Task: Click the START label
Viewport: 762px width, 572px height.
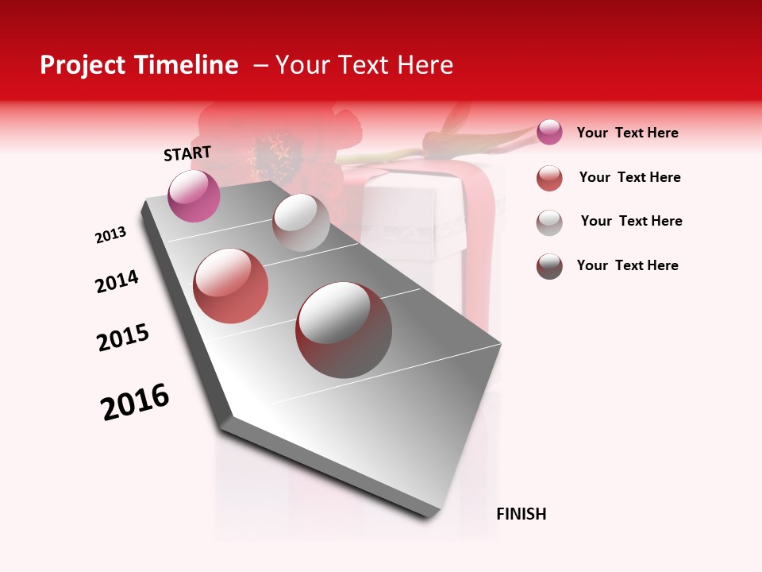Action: click(x=187, y=153)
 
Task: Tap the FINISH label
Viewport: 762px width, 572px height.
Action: click(x=521, y=514)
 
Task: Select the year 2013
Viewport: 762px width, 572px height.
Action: click(x=110, y=235)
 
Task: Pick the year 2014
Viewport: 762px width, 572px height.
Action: click(x=117, y=282)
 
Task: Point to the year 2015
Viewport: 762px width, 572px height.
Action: click(x=123, y=338)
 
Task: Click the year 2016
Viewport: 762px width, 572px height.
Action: click(x=135, y=402)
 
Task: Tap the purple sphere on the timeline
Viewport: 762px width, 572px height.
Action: click(x=194, y=195)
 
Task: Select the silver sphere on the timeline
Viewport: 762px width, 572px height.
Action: click(x=301, y=222)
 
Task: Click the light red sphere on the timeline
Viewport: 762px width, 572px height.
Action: click(x=231, y=286)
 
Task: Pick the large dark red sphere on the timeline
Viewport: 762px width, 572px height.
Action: click(x=344, y=330)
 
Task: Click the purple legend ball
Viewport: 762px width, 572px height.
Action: click(x=549, y=133)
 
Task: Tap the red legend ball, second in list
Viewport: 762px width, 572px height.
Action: click(x=549, y=178)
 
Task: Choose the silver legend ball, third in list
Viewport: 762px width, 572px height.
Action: click(x=549, y=222)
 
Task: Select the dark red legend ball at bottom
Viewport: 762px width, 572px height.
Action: click(x=549, y=266)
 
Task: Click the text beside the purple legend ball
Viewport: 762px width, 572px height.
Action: click(x=627, y=133)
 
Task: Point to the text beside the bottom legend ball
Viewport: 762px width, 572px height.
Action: click(x=627, y=265)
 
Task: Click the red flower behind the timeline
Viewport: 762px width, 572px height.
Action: click(x=278, y=147)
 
